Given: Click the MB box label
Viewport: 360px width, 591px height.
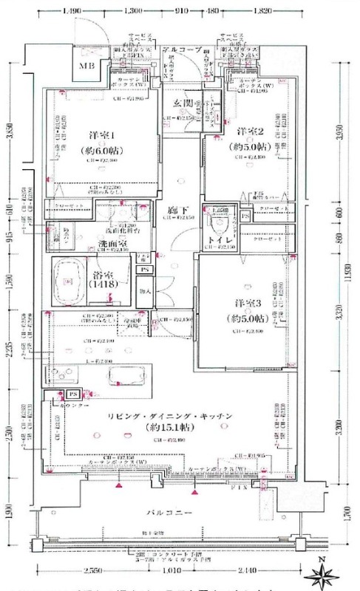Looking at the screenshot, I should (87, 65).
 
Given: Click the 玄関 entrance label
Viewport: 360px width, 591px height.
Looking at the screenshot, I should (184, 101).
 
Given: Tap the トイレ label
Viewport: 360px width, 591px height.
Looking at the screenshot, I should (220, 241).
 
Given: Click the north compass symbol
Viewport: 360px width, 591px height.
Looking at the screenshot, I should (325, 572).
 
